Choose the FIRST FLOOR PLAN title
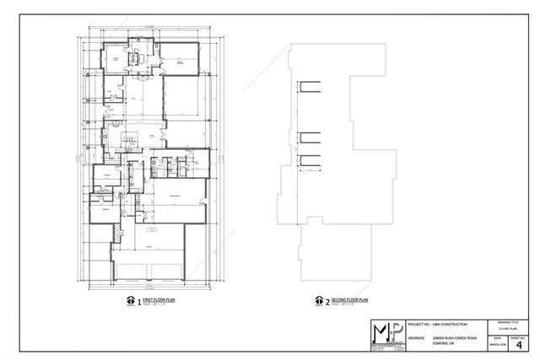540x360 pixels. (x=157, y=298)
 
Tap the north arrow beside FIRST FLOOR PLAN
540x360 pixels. (x=129, y=300)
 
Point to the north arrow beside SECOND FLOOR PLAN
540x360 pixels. (x=319, y=300)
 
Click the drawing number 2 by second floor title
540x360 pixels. (x=328, y=300)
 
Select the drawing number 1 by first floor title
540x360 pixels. (x=138, y=300)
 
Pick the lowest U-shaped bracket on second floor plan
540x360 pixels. (x=309, y=161)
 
